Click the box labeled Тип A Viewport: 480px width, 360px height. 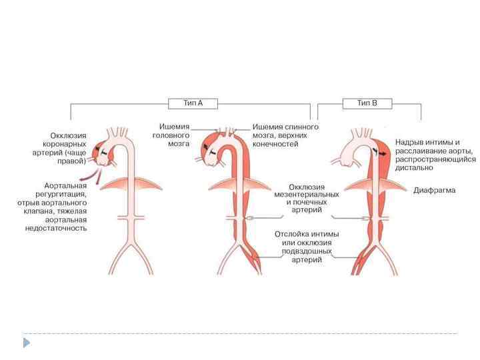point(193,103)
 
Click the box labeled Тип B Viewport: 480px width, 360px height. point(367,103)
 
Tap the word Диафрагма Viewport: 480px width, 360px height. point(435,190)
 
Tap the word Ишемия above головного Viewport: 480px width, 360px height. point(175,126)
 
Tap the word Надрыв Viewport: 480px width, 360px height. point(408,142)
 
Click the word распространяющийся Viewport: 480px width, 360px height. point(434,159)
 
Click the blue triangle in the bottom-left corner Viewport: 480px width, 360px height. point(27,343)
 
